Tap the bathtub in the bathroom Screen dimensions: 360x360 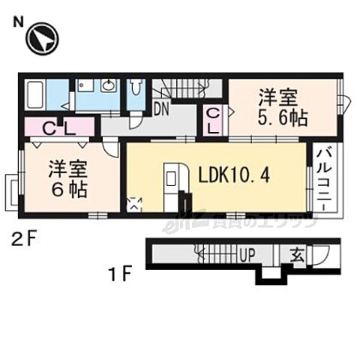pyautogui.click(x=34, y=95)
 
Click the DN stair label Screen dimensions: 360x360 pyautogui.click(x=160, y=109)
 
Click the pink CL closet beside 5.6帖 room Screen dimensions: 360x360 pyautogui.click(x=213, y=121)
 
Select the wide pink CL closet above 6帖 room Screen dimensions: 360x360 pyautogui.click(x=56, y=129)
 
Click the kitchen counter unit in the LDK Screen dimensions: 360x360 pyautogui.click(x=171, y=183)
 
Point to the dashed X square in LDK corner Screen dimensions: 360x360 pyautogui.click(x=135, y=203)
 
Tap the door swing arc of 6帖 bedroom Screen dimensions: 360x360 pyautogui.click(x=110, y=148)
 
